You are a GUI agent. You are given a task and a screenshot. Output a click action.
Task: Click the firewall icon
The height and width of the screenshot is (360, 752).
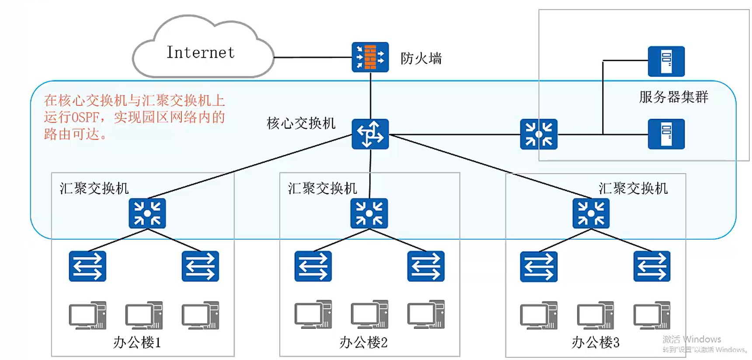[370, 57]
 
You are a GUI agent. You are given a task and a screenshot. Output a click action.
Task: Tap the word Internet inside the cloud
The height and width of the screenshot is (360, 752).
[201, 52]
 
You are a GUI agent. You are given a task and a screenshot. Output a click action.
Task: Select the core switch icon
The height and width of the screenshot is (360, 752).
[370, 134]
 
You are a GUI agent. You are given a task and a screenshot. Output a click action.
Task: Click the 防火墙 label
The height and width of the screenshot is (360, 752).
[421, 59]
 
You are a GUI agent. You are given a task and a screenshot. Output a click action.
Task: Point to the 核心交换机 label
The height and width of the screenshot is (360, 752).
[301, 123]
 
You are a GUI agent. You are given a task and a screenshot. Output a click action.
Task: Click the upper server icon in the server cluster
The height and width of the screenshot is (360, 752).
[666, 61]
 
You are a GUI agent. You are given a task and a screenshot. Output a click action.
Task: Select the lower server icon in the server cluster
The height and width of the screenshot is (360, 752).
[666, 134]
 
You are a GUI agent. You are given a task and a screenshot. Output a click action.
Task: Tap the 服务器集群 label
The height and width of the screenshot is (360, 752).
[673, 97]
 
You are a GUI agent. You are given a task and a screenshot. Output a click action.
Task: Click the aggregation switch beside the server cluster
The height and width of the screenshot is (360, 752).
[539, 134]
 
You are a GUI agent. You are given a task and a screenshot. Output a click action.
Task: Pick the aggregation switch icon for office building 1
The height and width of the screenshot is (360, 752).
[147, 213]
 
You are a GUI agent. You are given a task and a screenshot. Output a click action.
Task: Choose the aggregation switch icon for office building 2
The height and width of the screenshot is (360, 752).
[369, 213]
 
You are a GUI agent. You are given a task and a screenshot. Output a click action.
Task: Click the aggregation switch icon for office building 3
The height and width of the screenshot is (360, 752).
[591, 213]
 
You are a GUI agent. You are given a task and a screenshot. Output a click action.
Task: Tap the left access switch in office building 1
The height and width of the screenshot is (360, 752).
[87, 266]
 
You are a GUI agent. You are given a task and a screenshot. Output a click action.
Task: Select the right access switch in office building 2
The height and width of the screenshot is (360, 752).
[426, 266]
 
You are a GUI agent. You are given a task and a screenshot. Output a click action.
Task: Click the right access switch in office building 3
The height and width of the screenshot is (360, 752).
[651, 266]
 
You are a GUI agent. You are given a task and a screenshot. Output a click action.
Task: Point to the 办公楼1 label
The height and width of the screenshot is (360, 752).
[137, 342]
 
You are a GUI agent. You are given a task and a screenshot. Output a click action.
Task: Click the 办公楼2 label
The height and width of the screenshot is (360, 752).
[363, 342]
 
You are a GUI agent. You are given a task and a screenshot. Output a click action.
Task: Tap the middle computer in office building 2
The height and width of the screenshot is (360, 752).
[369, 315]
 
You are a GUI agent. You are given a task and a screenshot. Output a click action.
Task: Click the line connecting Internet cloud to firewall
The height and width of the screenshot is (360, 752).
[313, 57]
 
